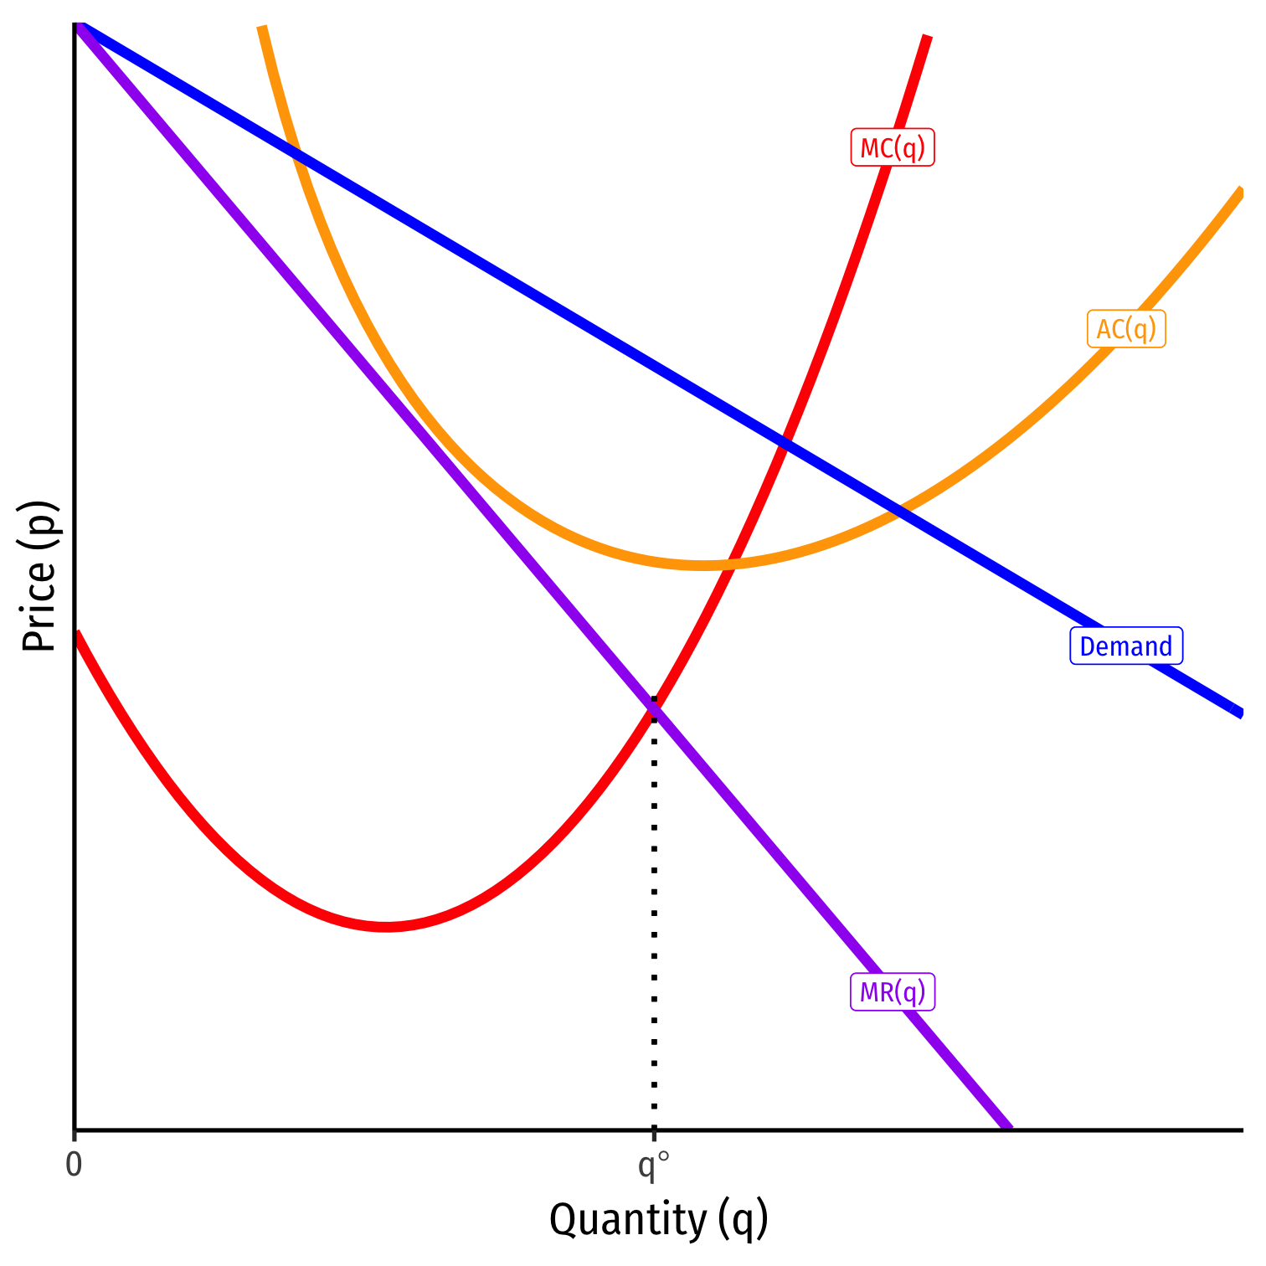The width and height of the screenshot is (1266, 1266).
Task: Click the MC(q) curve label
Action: click(893, 148)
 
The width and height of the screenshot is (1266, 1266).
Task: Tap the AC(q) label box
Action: click(1126, 329)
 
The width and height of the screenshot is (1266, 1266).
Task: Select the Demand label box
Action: click(1126, 646)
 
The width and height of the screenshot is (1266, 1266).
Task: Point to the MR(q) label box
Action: click(893, 992)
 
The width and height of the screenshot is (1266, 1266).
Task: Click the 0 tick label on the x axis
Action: click(74, 1165)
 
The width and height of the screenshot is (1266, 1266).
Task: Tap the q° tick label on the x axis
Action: click(653, 1166)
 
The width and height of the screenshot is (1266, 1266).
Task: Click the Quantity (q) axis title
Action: click(658, 1219)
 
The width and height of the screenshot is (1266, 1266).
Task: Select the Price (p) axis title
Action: click(39, 576)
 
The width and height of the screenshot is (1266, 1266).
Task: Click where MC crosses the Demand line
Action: click(784, 442)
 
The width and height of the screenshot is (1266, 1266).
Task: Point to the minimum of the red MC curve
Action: click(385, 926)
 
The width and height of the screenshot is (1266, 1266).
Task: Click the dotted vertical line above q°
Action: click(654, 921)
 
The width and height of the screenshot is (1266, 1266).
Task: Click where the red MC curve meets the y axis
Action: click(76, 633)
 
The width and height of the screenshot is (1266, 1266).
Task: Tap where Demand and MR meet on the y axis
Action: click(76, 25)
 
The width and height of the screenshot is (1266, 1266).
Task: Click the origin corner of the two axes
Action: click(75, 1130)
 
